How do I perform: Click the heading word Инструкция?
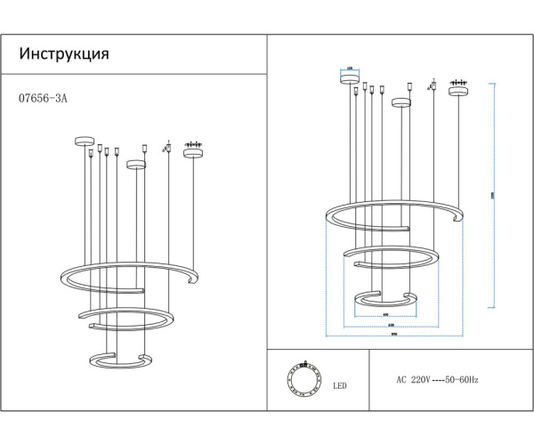(64, 54)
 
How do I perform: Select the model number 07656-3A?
(43, 100)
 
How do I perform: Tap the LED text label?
(340, 386)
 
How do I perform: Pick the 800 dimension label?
(392, 336)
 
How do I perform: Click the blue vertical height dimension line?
(492, 196)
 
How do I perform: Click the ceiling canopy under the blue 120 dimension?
(348, 77)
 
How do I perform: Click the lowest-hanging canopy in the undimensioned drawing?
(135, 164)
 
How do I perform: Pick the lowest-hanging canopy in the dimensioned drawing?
(401, 102)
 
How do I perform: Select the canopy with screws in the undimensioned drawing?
(192, 152)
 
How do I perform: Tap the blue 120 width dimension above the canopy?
(348, 67)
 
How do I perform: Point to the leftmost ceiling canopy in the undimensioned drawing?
(85, 141)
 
